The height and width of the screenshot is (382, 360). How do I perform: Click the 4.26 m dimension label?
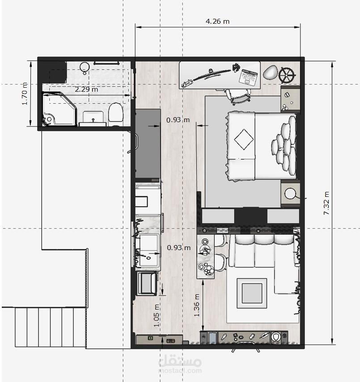click(217, 21)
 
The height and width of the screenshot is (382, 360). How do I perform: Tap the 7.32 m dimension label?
click(326, 203)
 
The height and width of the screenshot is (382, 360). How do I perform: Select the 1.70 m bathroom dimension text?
click(25, 94)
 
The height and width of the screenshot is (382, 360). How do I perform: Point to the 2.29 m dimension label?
click(86, 89)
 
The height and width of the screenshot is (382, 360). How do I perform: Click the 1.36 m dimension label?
click(197, 305)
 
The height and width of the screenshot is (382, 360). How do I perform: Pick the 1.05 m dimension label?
click(157, 315)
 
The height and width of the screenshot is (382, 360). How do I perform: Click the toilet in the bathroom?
click(115, 112)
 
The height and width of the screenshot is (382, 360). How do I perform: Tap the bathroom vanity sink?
click(93, 119)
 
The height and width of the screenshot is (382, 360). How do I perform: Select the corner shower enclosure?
click(59, 109)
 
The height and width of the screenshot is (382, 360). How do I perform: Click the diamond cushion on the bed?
click(244, 140)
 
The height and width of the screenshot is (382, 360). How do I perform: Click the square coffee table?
click(252, 293)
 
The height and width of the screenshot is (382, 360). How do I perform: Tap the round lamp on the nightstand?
click(290, 194)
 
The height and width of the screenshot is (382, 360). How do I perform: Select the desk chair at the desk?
click(238, 96)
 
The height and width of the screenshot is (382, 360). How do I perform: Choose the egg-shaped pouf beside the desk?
click(271, 72)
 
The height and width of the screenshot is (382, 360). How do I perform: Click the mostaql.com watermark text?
click(180, 371)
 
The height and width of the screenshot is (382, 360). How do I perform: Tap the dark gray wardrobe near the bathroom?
click(148, 144)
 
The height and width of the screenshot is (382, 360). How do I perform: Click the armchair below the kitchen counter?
click(147, 283)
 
